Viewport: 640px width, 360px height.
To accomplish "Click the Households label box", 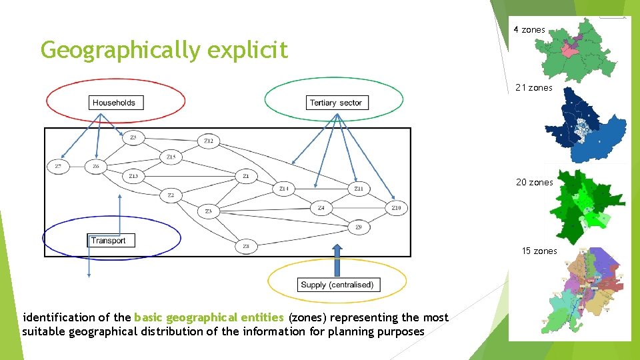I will coord(114,103).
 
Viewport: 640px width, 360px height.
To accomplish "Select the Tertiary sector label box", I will coord(335,103).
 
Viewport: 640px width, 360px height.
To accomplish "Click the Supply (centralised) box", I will coord(337,285).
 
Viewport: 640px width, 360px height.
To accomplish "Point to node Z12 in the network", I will coord(209,141).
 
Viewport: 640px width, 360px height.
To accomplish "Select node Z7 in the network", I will coord(58,166).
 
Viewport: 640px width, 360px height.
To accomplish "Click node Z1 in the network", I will coord(245,176).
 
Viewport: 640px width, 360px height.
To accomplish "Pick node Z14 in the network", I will coord(283,189).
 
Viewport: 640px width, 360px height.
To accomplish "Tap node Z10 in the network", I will coord(396,208).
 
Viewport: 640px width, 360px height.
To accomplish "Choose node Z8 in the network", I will coord(245,247).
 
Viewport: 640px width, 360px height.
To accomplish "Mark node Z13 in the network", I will coord(133,176).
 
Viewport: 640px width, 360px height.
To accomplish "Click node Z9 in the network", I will coord(359,227).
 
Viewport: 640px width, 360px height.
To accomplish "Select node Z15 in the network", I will coord(171,157).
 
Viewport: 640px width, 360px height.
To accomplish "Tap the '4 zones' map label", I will coord(529,30).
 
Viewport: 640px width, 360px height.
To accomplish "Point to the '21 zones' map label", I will coord(533,88).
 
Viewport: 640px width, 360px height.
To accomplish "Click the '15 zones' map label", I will coord(539,251).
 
